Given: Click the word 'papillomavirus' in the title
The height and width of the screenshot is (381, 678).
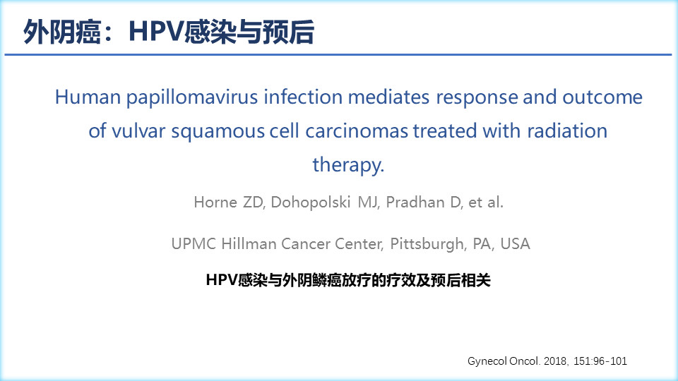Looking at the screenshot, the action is [x=192, y=97].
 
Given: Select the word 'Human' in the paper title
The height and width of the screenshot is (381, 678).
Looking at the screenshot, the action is [x=88, y=97].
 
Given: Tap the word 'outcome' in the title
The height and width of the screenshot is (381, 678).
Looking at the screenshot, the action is [x=602, y=97].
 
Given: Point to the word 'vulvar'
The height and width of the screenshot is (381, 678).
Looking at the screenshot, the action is [x=138, y=131].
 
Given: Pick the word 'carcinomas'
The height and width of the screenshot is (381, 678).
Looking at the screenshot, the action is [x=357, y=131].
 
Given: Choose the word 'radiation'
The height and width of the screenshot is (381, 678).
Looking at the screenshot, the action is [x=567, y=131].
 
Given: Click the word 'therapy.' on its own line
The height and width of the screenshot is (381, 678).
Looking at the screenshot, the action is [x=348, y=165].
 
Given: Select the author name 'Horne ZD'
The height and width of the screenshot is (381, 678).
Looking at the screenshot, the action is [x=229, y=202].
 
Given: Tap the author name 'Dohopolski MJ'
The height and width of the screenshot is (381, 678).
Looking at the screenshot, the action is [x=324, y=202].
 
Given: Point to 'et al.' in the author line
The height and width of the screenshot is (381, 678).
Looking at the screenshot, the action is [x=486, y=202].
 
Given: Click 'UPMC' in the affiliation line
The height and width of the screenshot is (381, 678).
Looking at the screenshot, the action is [x=194, y=243].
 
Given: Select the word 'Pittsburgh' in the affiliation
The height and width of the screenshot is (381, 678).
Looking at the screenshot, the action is [x=427, y=244].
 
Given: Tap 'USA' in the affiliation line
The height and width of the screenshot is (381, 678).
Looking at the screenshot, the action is [x=515, y=243].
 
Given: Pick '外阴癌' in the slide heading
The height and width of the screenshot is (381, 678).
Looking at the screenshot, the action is [x=62, y=32].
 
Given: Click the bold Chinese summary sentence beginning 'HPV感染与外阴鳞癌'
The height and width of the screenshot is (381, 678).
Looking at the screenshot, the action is [x=348, y=280].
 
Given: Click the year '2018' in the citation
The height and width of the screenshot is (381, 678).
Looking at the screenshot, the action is [x=555, y=361].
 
